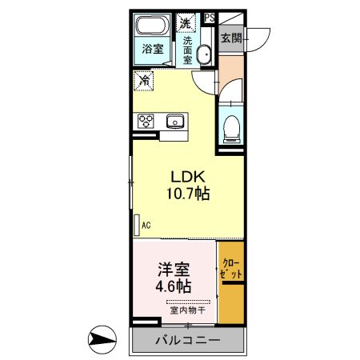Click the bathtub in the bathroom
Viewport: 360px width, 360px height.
coord(153,26)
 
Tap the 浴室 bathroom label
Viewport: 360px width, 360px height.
coord(153,49)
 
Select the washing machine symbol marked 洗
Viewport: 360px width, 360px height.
coord(186,23)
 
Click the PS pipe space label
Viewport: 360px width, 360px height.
coord(210,18)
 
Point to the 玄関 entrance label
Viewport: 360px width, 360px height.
coord(231,38)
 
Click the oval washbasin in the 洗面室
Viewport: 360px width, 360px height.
coord(205,54)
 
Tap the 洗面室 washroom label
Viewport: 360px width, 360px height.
coord(187,50)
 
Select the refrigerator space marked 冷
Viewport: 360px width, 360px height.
coord(144,81)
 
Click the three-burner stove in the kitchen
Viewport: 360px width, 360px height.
coord(146,121)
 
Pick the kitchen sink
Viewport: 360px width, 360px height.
coord(175,121)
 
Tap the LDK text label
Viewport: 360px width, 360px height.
coord(188,177)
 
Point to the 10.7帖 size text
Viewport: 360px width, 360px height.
coord(188,193)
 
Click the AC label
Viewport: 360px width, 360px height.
coord(146,225)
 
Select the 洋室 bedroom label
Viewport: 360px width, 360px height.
coord(174,270)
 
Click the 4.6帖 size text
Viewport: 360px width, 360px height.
coord(174,286)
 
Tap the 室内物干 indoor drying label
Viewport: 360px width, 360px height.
coord(188,310)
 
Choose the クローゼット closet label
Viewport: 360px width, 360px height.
coord(231,269)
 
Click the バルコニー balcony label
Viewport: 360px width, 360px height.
coord(188,340)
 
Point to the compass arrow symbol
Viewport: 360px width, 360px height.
coord(102,339)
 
